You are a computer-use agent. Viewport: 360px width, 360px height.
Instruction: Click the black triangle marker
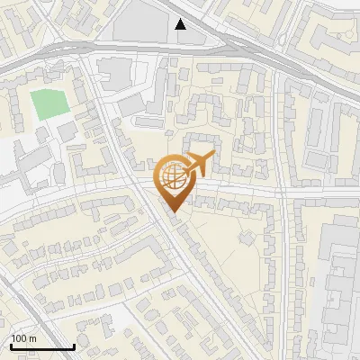coord(181,24)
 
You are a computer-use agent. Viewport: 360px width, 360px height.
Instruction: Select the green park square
coord(49,104)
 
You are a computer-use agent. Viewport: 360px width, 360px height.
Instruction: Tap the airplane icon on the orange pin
coord(197,164)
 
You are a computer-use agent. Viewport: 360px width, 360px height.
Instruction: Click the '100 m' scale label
coord(23,338)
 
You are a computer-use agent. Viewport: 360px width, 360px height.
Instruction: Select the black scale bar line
coord(41,346)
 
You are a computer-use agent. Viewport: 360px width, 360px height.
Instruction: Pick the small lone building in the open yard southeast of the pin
coord(247,239)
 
